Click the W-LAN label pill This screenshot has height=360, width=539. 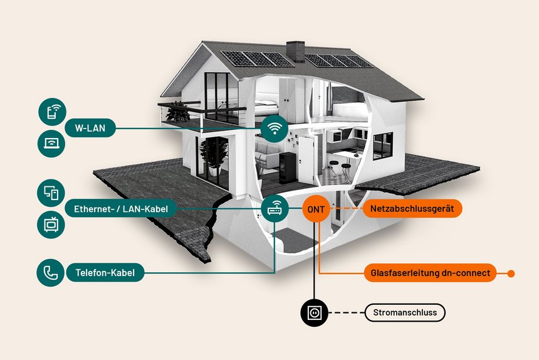coord(90,128)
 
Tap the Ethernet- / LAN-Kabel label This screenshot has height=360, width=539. coord(121,208)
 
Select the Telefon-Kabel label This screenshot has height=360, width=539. coord(105,273)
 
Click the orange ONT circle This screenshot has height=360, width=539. coord(316,209)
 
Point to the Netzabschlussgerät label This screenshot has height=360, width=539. coord(412,208)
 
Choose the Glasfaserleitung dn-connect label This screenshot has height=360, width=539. coord(430,273)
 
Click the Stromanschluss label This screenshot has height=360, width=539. coord(405,312)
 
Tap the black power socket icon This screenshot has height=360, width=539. coord(314,313)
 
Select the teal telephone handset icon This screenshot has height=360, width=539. coord(51,273)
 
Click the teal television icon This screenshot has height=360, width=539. coord(51,225)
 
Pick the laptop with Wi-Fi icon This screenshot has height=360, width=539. coord(51,144)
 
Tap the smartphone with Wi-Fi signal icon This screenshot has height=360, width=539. coord(52,112)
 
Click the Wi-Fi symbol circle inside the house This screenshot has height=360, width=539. coord(274,129)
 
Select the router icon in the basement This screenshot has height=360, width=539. coord(275,208)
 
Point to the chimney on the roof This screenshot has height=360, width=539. coord(295,51)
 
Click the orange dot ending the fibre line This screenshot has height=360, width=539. coord(511,273)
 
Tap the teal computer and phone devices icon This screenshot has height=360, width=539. coord(51,193)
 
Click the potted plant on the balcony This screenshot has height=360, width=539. coord(178,112)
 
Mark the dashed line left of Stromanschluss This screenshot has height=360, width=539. coord(347,313)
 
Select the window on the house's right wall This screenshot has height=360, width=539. coord(382,146)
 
